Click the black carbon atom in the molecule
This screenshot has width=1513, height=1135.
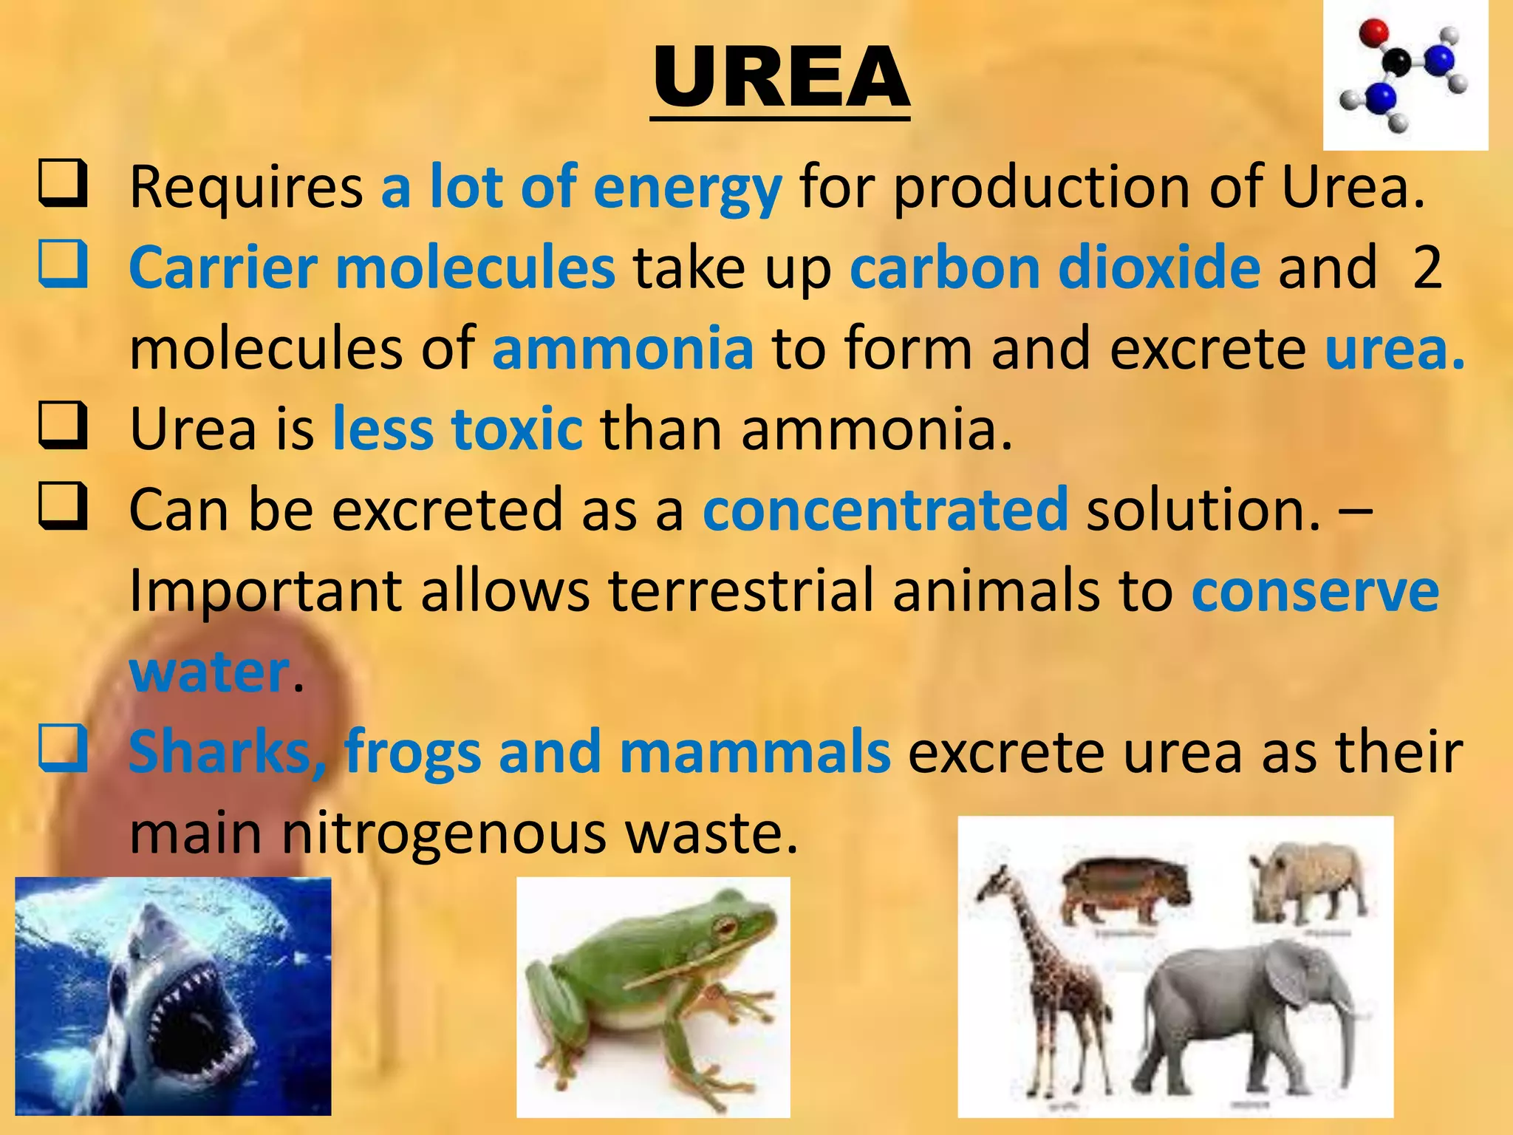pos(1398,61)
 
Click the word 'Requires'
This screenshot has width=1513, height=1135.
pos(246,187)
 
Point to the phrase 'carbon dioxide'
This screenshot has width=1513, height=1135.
pos(1055,267)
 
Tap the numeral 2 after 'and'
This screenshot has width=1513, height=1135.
pos(1427,267)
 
